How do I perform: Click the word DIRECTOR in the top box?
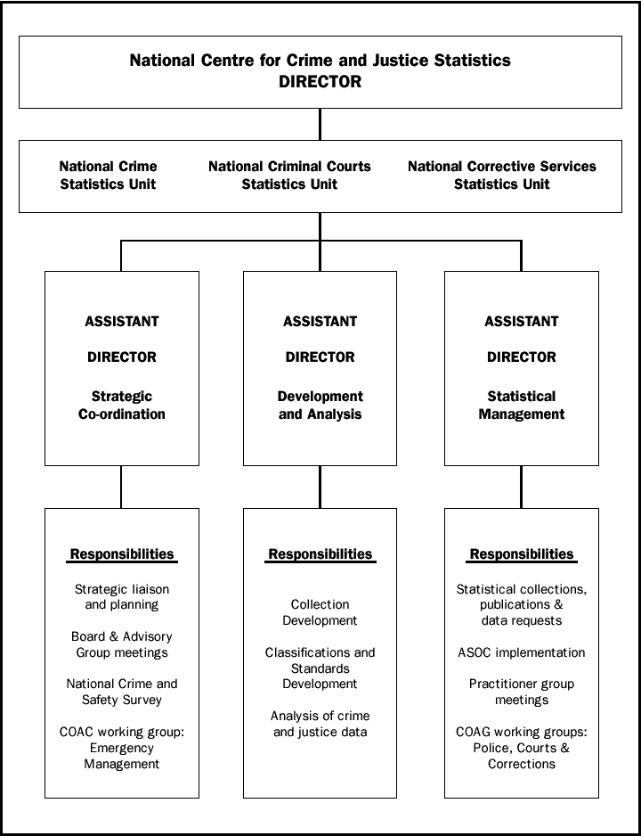click(320, 81)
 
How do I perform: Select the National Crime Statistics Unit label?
click(108, 176)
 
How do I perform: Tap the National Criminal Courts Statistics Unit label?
click(289, 176)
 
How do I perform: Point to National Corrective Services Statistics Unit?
click(501, 176)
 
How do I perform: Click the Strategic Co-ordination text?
click(122, 406)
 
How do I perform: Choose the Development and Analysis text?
click(320, 406)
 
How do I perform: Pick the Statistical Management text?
click(521, 406)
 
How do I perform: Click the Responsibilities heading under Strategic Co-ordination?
click(122, 554)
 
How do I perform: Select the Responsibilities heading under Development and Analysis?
click(320, 554)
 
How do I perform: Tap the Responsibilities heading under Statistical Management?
click(522, 554)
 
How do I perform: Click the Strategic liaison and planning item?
click(122, 597)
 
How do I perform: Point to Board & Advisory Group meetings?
click(122, 644)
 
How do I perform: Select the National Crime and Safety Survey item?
click(122, 692)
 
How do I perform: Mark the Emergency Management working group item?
click(122, 748)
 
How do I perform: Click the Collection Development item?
click(320, 612)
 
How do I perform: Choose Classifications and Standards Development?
click(320, 668)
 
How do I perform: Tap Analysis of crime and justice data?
click(320, 724)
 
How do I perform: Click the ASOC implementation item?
click(522, 652)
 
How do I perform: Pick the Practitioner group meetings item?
click(522, 692)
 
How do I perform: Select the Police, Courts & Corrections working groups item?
click(522, 748)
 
